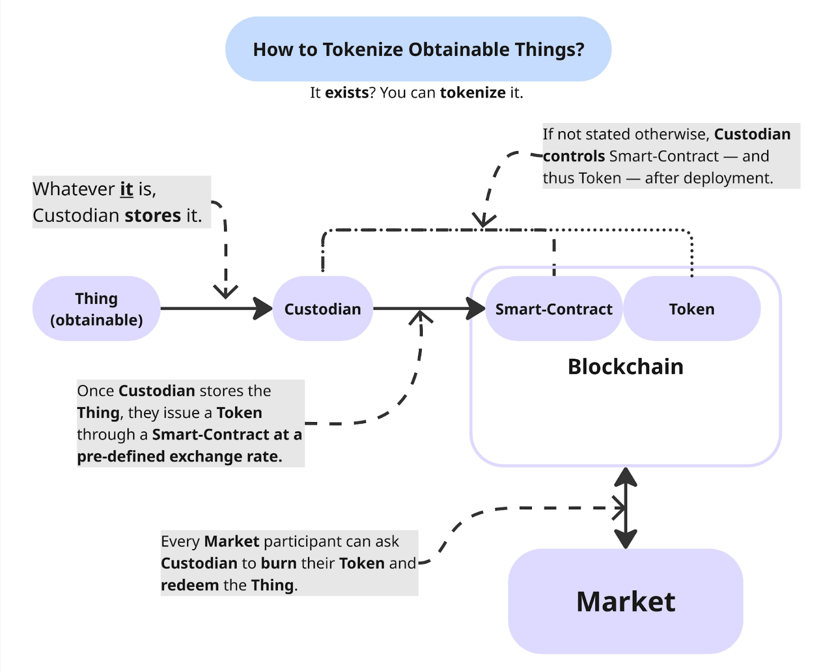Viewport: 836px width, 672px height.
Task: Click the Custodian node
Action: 322,309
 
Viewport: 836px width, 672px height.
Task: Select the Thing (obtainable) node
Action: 96,309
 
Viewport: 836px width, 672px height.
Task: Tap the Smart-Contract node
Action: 553,309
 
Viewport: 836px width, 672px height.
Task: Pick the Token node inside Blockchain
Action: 691,309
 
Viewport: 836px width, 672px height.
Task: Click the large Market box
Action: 625,601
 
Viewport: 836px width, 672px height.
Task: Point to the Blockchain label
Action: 625,367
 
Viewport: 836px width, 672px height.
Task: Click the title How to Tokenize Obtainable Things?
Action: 418,49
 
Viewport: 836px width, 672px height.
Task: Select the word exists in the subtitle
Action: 346,93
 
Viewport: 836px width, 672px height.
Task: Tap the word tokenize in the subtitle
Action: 472,93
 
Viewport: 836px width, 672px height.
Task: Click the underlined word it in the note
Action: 126,189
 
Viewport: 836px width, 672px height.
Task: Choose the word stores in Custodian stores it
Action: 153,215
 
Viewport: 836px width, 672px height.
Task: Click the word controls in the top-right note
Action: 574,156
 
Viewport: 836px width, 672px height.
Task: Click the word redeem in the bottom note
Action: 190,585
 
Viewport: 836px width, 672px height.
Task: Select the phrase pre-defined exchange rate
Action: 179,457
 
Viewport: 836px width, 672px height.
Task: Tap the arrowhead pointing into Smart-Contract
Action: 476,309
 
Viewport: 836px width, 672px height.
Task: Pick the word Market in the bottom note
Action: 231,541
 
